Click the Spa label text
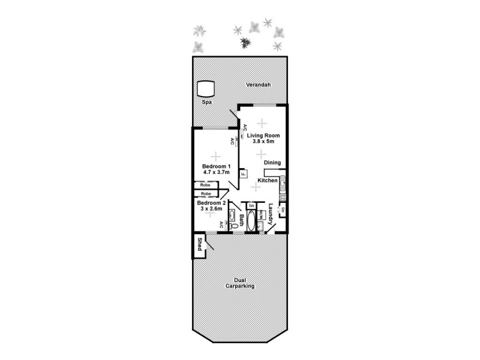(206, 103)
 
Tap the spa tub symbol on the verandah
(206, 89)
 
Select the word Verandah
(259, 85)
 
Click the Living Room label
(263, 135)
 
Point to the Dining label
(272, 162)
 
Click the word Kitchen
(268, 180)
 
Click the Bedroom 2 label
(211, 203)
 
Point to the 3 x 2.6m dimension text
(211, 209)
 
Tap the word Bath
(242, 220)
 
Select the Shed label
(199, 244)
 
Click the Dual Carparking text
(240, 283)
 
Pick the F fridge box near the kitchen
(244, 174)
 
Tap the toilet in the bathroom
(233, 226)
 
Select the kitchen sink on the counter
(283, 182)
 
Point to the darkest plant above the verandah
(245, 42)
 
